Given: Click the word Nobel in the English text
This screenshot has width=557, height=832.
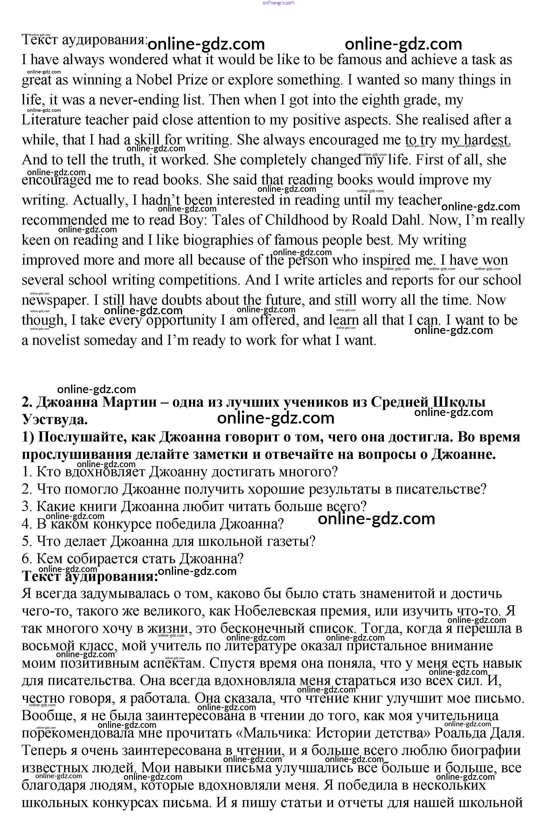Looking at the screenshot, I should coord(154,80).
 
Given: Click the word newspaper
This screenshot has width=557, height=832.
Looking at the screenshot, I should coord(54,300).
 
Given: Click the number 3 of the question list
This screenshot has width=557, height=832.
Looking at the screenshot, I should coord(27,506).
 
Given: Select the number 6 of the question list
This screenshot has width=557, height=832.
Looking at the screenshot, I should coord(27,559).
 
